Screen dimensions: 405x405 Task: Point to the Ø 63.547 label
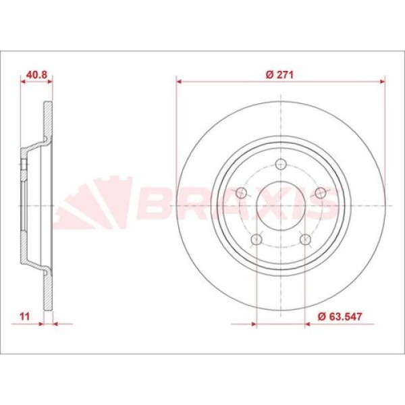click(x=338, y=315)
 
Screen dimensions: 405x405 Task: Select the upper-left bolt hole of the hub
click(x=240, y=193)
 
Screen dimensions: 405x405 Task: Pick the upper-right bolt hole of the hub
click(x=321, y=193)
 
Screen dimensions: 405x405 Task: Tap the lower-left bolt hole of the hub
click(x=256, y=240)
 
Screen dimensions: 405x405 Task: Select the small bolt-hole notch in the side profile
click(x=24, y=163)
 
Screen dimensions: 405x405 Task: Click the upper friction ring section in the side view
click(x=47, y=122)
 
